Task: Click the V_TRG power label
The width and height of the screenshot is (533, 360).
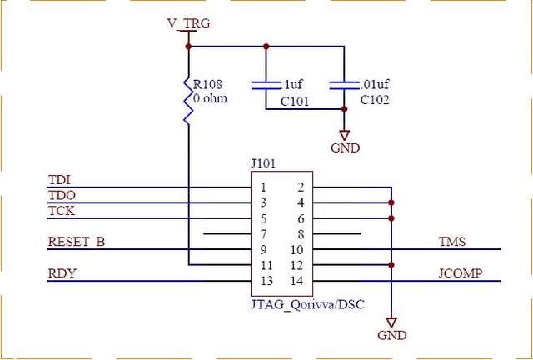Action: click(x=187, y=24)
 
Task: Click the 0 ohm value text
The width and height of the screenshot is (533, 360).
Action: click(x=210, y=98)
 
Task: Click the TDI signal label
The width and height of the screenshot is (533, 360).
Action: click(x=60, y=180)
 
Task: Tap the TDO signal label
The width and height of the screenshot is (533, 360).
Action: click(x=62, y=196)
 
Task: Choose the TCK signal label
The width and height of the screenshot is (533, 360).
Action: click(x=62, y=211)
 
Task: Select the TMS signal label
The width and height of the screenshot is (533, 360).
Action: click(x=452, y=242)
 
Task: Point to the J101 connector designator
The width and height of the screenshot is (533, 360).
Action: click(x=262, y=164)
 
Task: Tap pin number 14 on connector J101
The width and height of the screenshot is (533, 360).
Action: click(x=297, y=281)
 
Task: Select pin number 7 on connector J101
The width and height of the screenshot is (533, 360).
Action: click(x=263, y=234)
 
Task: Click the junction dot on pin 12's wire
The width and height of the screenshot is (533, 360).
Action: click(x=391, y=265)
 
